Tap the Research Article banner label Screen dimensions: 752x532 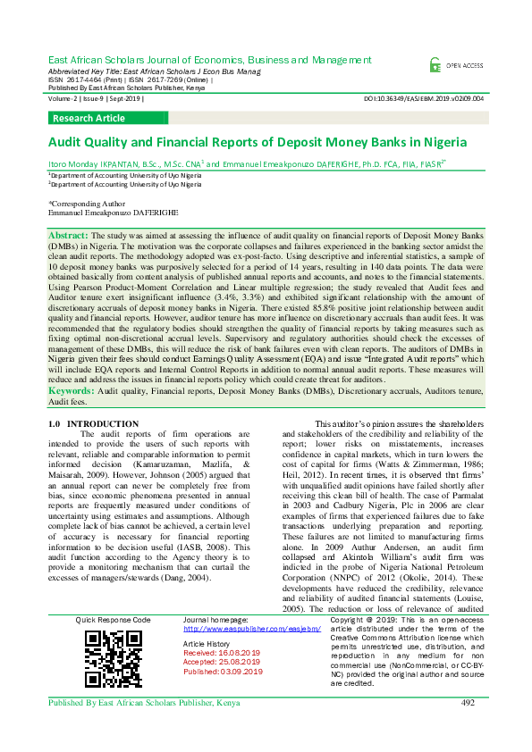[x=89, y=118]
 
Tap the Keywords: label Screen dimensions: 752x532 [x=72, y=391]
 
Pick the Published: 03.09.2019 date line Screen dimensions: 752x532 [x=223, y=672]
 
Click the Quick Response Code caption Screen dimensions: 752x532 [x=113, y=619]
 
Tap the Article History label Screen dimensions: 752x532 [x=207, y=644]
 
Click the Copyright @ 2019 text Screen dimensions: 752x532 [x=361, y=619]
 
